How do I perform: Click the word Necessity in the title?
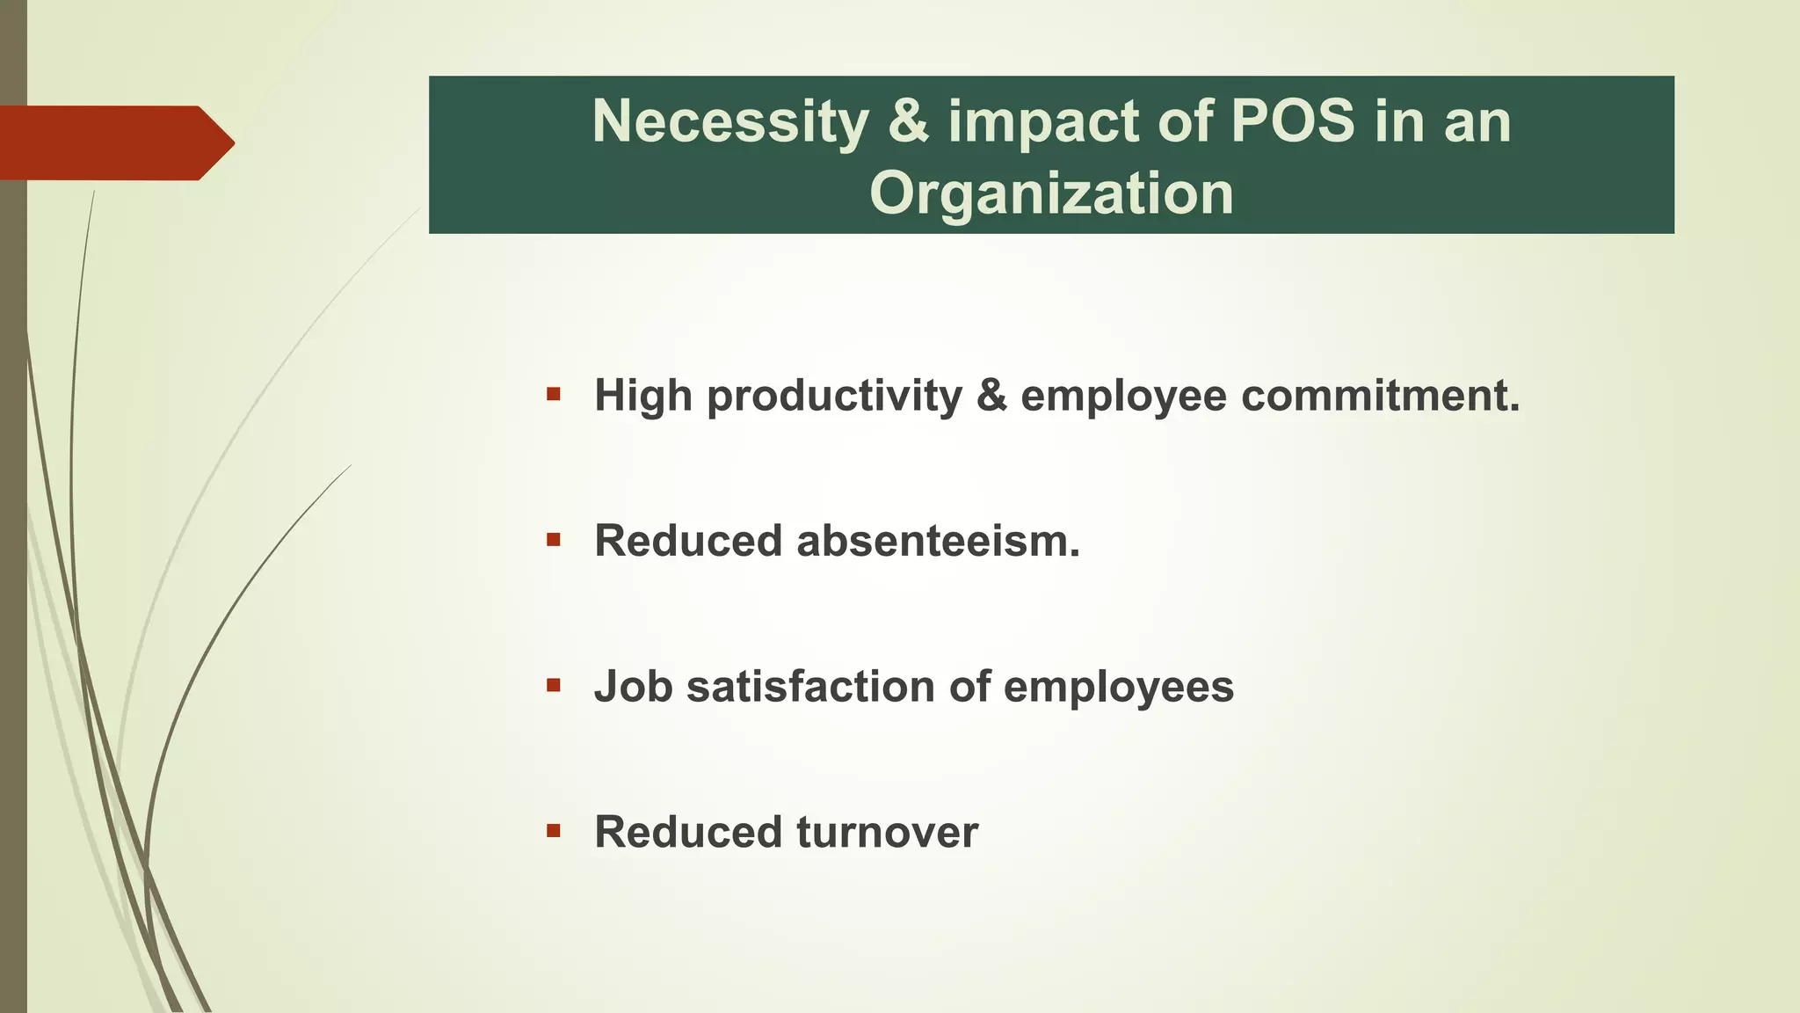729,121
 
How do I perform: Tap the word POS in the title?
1292,120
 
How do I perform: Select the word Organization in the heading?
1051,193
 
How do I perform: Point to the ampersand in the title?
908,121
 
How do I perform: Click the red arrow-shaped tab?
114,143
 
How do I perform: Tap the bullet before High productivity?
553,394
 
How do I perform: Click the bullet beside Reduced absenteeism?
553,540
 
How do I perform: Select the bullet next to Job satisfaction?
553,685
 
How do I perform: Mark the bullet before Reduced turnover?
553,831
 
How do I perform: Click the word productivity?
834,396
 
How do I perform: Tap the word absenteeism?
938,541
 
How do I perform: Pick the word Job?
633,687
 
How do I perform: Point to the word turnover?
887,832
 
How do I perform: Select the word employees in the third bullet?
1118,688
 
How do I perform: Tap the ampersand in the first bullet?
991,396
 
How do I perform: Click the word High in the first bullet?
643,396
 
